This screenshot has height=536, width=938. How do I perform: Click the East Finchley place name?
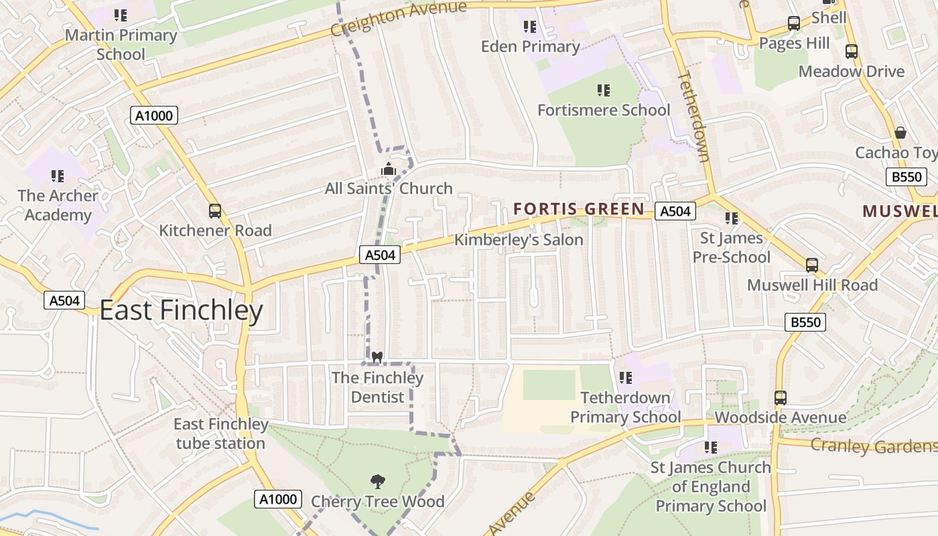pos(181,311)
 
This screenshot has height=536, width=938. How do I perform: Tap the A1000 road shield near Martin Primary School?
pos(154,116)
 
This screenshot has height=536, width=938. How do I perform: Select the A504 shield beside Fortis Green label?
pos(675,212)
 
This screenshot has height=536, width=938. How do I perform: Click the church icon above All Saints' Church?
pos(389,170)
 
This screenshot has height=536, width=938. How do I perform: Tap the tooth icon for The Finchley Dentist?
pos(377,357)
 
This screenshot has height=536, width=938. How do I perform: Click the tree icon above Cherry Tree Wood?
pos(377,480)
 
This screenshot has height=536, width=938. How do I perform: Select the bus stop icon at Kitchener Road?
pos(215,211)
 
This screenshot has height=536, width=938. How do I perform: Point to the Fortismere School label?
pos(604,110)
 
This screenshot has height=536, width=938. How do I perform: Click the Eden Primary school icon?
pos(530,27)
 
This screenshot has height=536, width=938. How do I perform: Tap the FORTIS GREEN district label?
pos(579,209)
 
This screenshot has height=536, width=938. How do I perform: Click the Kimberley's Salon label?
pos(519,240)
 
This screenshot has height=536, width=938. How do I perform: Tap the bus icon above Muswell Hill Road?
pos(812,265)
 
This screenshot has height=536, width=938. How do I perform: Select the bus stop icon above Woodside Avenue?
pos(781,398)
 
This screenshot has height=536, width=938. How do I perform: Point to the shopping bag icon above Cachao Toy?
pos(900,133)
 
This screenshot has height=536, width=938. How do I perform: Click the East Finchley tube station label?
pos(220,433)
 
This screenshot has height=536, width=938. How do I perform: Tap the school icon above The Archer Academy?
pos(58,176)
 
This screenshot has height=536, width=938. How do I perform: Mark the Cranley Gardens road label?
pos(873,446)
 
